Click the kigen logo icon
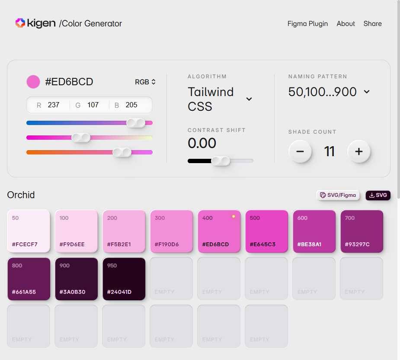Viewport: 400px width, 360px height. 20,23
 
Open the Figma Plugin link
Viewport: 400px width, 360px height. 307,24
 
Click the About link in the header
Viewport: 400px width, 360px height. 346,24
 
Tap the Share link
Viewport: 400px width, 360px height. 372,24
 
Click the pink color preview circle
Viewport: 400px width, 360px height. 33,82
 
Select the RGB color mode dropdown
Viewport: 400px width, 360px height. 145,82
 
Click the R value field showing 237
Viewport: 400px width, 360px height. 54,105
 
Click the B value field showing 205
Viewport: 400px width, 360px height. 131,105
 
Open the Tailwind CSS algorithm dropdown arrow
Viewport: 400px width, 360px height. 249,99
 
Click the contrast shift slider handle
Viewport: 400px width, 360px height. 221,161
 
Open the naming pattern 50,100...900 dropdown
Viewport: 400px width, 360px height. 367,92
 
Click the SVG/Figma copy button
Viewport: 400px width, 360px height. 338,195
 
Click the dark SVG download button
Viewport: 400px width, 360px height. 378,195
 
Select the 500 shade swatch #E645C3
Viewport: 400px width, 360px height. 266,231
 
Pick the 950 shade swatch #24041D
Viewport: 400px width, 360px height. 124,279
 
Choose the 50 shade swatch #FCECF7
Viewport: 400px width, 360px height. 29,231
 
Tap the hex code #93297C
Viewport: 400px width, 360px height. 357,244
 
